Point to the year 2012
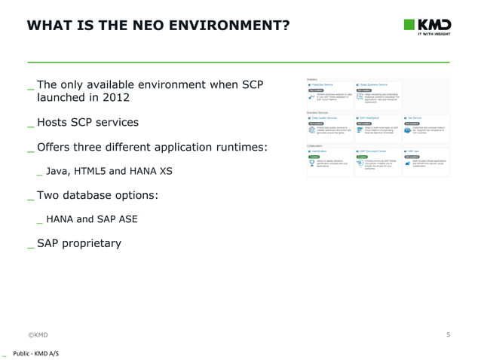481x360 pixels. click(115, 98)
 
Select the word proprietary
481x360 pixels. click(92, 243)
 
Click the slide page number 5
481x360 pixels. click(448, 334)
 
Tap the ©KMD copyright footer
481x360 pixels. click(38, 334)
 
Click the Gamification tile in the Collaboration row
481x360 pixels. click(329, 160)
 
